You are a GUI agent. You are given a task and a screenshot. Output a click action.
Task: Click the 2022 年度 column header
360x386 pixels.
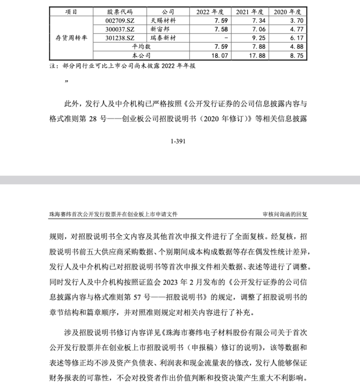coord(210,10)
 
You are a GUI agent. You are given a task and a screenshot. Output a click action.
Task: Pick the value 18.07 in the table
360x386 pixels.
coord(221,55)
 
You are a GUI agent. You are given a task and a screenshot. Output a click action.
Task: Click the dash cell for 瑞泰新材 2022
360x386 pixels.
coord(226,37)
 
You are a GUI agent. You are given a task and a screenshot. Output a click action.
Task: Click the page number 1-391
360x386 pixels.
coord(178,141)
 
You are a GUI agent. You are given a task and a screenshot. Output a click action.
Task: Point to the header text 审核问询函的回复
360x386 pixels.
coord(285,214)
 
